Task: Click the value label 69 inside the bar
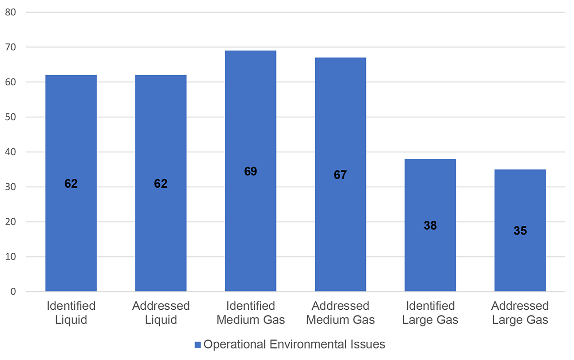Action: coord(251,171)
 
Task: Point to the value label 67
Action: coord(340,175)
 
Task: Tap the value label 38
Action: coord(430,225)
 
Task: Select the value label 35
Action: coord(520,231)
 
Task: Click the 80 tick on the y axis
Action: coord(11,12)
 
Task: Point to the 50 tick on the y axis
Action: coord(11,117)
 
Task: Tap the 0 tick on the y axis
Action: coord(13,292)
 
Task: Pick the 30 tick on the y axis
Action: coord(11,187)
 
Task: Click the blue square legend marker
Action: coord(198,344)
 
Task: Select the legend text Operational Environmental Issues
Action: coord(294,344)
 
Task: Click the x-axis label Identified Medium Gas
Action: coord(251,313)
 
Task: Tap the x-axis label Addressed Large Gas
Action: coord(520,313)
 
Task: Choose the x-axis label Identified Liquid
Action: coord(71,313)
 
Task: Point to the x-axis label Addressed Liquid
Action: coord(161,313)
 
